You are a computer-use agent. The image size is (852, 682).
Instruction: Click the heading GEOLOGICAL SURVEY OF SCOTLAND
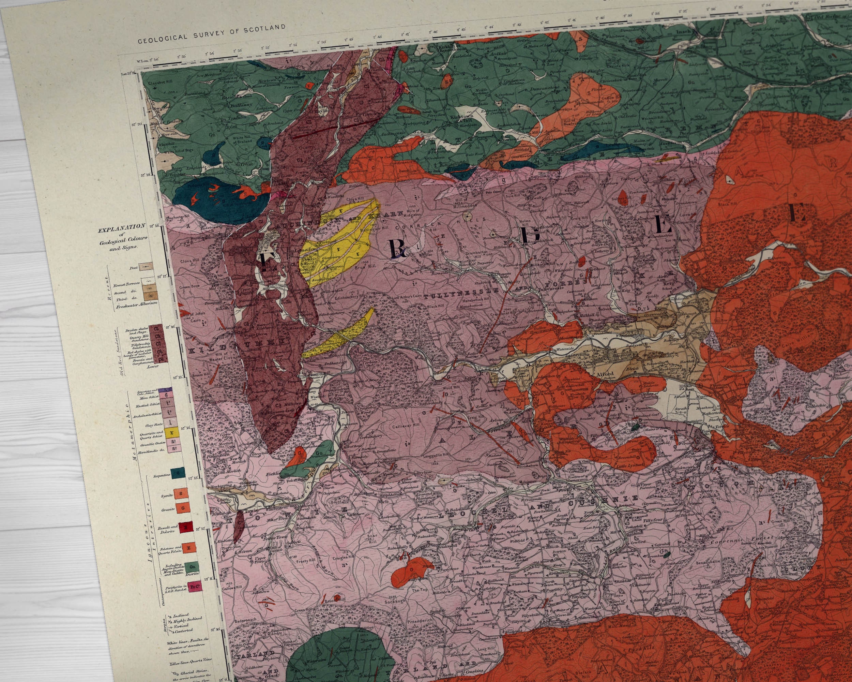(211, 34)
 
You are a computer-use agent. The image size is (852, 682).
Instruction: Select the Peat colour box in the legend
(147, 267)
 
